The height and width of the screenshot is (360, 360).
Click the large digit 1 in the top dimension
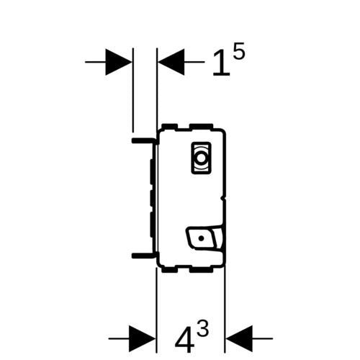click(x=222, y=63)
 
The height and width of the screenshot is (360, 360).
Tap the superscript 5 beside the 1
click(x=239, y=51)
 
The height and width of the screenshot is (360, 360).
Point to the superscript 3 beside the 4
click(x=202, y=327)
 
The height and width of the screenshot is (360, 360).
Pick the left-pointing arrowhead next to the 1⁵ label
click(x=171, y=62)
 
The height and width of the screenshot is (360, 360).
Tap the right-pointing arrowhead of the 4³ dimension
click(x=143, y=338)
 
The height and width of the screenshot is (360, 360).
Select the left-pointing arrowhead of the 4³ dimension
click(x=239, y=338)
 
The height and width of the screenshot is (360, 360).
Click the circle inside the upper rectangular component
click(x=201, y=158)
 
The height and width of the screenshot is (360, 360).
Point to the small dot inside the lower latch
click(x=202, y=238)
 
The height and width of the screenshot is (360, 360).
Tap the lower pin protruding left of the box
click(x=143, y=256)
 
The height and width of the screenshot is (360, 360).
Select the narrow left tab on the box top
click(x=170, y=127)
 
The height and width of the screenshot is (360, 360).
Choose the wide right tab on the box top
click(x=201, y=127)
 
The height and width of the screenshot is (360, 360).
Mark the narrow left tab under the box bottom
click(x=170, y=270)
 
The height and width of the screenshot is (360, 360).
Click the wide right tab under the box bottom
click(x=201, y=270)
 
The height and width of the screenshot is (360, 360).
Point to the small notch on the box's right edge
click(x=223, y=199)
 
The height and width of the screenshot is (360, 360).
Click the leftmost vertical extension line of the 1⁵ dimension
click(x=132, y=90)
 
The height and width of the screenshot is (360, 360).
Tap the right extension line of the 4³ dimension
click(x=225, y=310)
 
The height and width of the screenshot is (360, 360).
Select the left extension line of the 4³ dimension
click(x=156, y=310)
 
